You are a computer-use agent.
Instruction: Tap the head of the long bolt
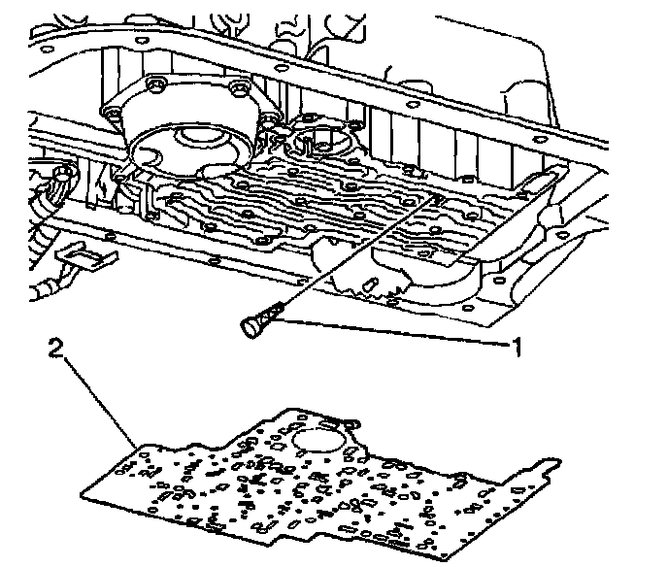249,327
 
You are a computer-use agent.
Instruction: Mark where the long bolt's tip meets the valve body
433,198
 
